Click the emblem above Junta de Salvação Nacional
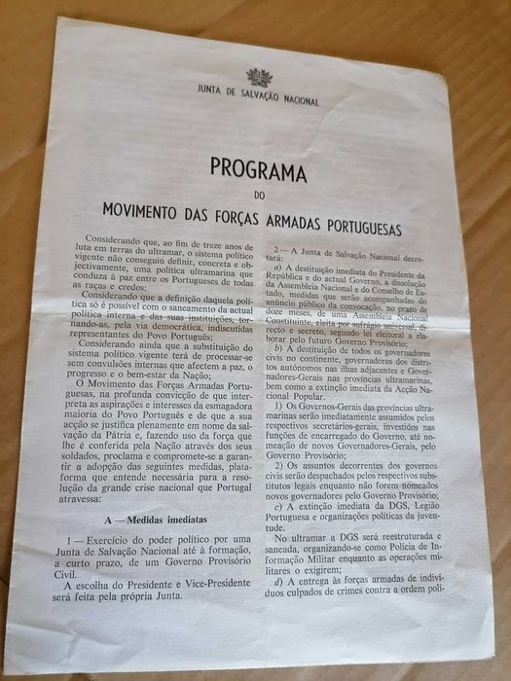click(x=257, y=78)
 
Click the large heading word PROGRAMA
click(x=257, y=172)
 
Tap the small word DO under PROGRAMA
click(x=257, y=194)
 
